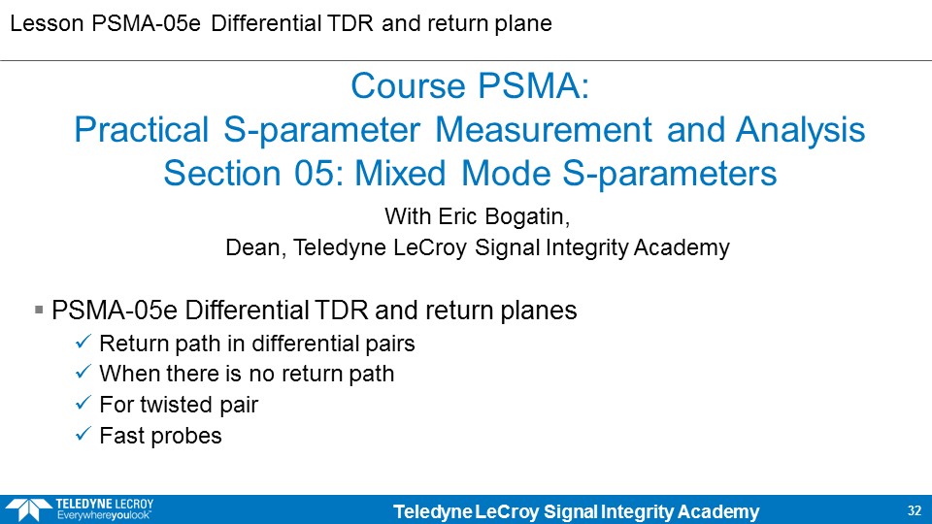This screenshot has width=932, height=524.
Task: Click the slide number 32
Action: pyautogui.click(x=915, y=510)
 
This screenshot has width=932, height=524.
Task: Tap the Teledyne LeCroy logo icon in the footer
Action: pyautogui.click(x=27, y=509)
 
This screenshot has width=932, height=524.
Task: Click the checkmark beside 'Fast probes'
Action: pyautogui.click(x=83, y=434)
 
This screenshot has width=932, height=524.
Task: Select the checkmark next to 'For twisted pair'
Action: pyautogui.click(x=83, y=403)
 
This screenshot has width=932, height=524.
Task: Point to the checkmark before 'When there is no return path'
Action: pyautogui.click(x=83, y=372)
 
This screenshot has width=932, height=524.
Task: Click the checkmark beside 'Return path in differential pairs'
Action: pyautogui.click(x=83, y=342)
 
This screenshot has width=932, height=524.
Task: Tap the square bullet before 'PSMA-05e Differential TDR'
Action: pyautogui.click(x=39, y=310)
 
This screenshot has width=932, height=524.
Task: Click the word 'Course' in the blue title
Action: pyautogui.click(x=408, y=86)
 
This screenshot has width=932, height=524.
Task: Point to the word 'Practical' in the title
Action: pyautogui.click(x=141, y=130)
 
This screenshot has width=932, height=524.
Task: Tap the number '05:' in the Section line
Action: pyautogui.click(x=318, y=174)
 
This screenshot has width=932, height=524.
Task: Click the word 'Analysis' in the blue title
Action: pyautogui.click(x=800, y=131)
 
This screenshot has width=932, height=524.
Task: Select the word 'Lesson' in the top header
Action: pyautogui.click(x=47, y=23)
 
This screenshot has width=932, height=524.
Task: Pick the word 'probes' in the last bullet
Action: pyautogui.click(x=185, y=436)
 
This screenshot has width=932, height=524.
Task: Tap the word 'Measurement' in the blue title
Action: pyautogui.click(x=544, y=130)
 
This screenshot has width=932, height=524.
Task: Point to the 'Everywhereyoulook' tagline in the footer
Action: pyautogui.click(x=104, y=515)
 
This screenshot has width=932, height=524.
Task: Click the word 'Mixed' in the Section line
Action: pyautogui.click(x=400, y=174)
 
